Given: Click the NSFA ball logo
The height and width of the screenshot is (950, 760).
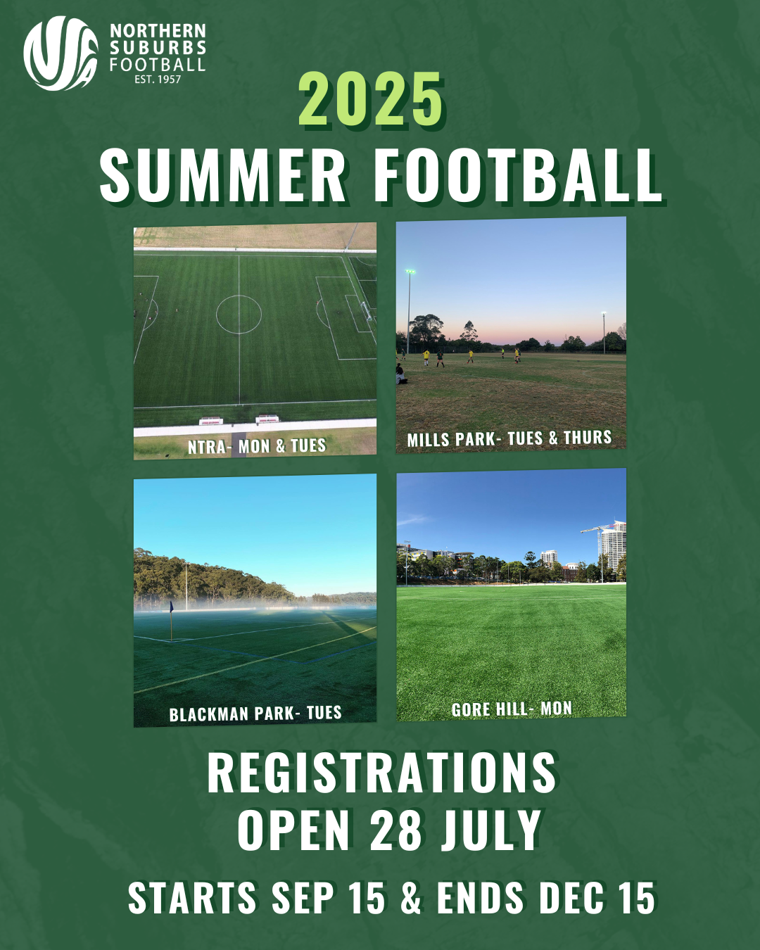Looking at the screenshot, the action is tap(61, 53).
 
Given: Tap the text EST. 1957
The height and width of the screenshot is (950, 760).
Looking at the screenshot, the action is tap(158, 80).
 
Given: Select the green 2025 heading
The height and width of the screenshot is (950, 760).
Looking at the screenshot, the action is tap(371, 99).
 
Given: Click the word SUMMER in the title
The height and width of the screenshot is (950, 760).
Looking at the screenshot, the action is tap(222, 175).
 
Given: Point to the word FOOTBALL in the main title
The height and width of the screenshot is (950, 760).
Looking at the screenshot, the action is tap(519, 175).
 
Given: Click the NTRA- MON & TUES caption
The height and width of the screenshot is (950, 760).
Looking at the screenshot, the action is tap(257, 446).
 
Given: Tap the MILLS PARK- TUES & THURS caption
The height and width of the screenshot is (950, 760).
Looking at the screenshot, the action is tap(509, 438).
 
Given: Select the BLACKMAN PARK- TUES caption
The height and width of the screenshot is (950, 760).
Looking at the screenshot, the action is tap(255, 714).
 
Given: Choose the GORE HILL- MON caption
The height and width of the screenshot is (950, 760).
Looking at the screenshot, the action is tap(512, 709).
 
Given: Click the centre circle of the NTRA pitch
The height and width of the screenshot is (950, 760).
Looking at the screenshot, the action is tap(239, 296).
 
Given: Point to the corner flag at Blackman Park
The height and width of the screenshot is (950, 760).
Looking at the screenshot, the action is tap(171, 620).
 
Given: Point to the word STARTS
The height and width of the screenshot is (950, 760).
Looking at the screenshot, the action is tap(192, 898).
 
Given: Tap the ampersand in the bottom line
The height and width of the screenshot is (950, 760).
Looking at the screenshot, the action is tap(411, 898).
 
